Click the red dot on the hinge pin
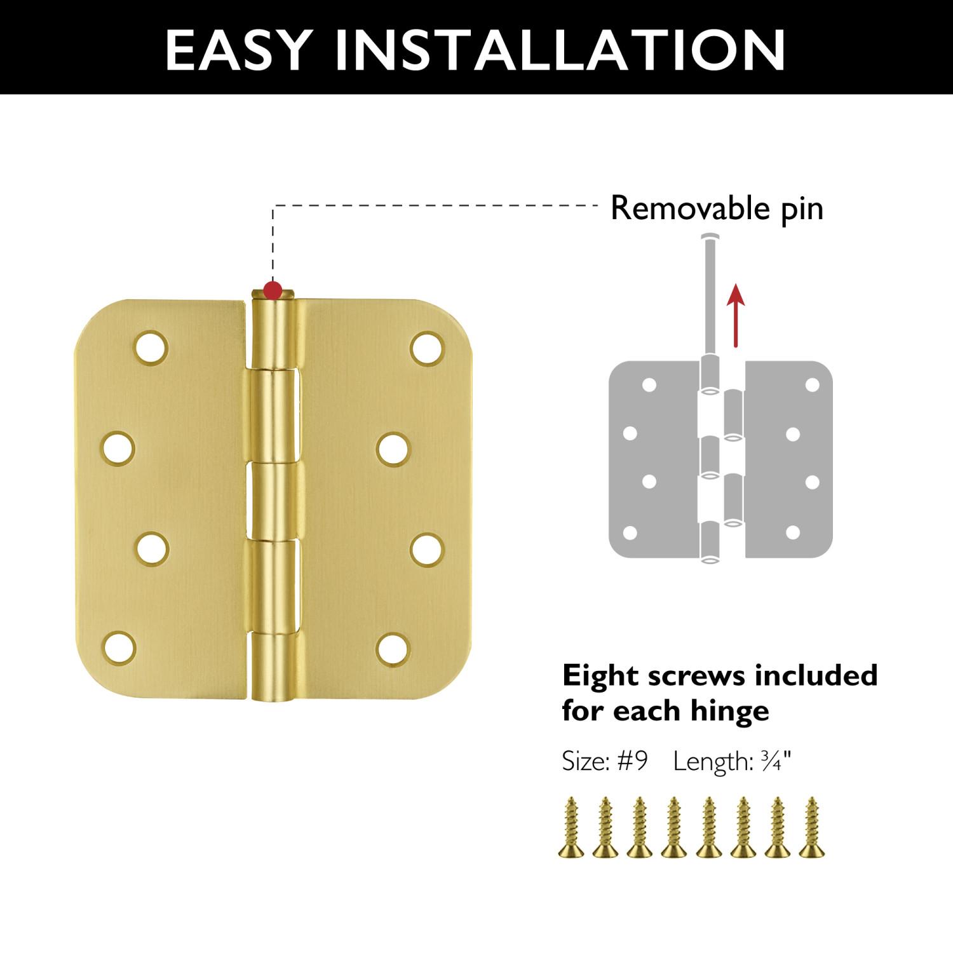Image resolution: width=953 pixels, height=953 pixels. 273,291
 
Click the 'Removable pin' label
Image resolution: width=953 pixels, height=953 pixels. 716,208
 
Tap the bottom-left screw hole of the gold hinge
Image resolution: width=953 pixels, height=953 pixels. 119,648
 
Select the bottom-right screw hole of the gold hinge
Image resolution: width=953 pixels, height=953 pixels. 392,649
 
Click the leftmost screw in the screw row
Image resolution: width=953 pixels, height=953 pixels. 571,827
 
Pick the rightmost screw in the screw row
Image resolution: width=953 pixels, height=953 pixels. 811,827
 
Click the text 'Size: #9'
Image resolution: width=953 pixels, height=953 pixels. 604,760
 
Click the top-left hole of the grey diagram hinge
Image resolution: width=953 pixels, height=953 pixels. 649,384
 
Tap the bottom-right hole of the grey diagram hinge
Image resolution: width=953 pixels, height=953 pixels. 793,533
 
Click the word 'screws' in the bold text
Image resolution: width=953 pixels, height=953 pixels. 688,676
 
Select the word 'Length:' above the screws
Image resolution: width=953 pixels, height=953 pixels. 712,760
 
